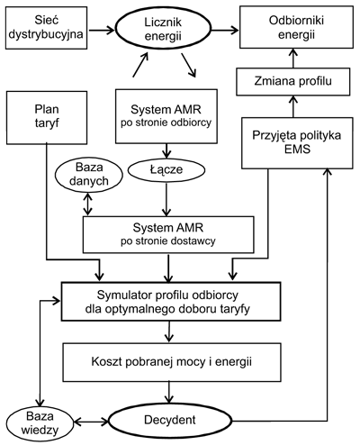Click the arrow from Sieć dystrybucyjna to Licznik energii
[x=102, y=30]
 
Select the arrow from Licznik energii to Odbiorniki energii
[x=225, y=30]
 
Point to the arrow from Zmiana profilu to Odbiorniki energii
[x=293, y=59]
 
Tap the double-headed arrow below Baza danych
[x=87, y=204]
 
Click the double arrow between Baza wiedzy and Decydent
[x=91, y=422]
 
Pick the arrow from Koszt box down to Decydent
[x=169, y=393]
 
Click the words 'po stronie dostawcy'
[x=168, y=241]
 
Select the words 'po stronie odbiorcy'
[x=166, y=123]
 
